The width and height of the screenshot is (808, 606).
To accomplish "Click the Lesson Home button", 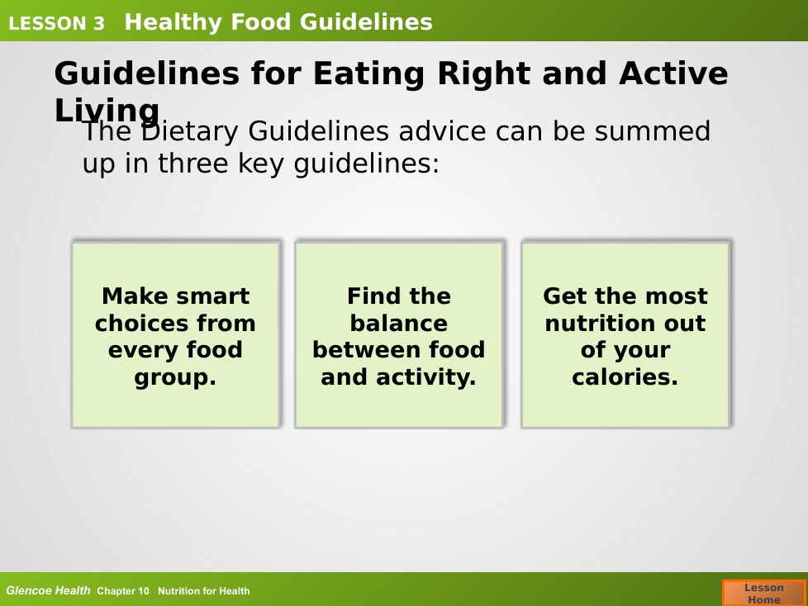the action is coord(764,593).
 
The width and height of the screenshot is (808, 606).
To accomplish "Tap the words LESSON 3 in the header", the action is coord(57,24).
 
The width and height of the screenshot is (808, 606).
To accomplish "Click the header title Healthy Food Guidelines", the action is coord(278,22).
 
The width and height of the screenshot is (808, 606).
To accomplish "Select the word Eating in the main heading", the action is coord(369,74).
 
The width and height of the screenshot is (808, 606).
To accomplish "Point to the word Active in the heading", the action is coord(673,73).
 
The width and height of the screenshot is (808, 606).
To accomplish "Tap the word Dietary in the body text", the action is coord(189,132).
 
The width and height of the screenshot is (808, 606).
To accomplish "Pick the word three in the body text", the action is coord(193,163).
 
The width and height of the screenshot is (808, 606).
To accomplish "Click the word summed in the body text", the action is coord(653,131).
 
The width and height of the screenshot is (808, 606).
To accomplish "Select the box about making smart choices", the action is coord(176,334).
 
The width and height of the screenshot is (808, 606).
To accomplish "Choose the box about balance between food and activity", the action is coord(399,334).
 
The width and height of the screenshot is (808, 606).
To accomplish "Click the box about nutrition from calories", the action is coord(625,334).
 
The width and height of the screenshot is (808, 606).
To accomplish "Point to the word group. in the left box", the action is coord(175,377).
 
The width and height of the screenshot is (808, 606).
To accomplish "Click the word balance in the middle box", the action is coord(399,324).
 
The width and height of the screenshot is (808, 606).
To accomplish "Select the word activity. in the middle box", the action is coord(425,377).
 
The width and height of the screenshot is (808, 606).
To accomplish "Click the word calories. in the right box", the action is coord(625,376).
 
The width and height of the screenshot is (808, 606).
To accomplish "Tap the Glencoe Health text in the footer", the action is coord(48,590).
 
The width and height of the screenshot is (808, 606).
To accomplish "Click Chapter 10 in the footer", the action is coord(123,591).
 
